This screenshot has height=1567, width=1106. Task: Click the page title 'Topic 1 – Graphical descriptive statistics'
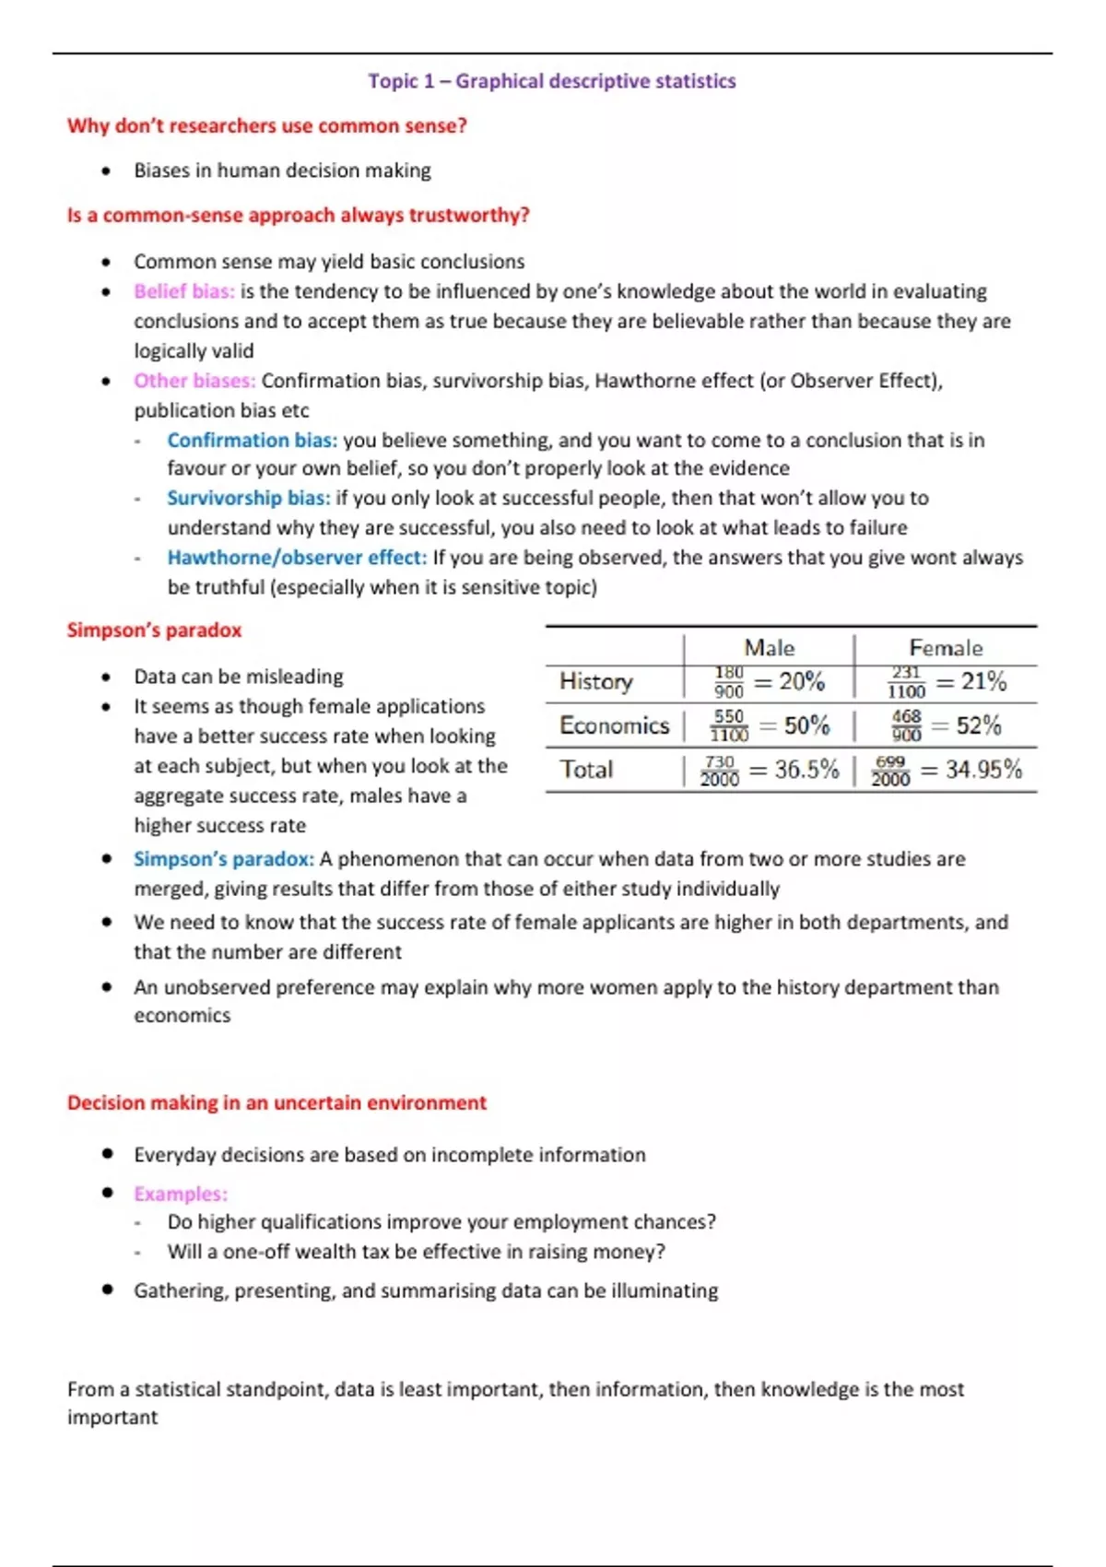coord(552,81)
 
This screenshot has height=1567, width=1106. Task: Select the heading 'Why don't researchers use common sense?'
coord(267,125)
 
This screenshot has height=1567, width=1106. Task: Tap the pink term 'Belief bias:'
coord(184,291)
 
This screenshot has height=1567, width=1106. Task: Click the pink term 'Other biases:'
coord(194,381)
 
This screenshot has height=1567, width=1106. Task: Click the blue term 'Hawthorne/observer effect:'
coord(297,558)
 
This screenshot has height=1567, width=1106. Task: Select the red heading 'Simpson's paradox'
coord(154,630)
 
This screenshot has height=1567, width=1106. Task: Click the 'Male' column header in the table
coord(769,648)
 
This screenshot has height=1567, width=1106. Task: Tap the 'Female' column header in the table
coord(946,648)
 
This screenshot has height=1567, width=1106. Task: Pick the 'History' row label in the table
coord(596,681)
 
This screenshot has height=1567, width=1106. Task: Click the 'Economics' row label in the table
coord(614,725)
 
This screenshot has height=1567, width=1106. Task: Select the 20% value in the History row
coord(801,681)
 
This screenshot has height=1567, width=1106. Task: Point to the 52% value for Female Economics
coord(978,725)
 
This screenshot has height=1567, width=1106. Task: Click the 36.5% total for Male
coord(806,770)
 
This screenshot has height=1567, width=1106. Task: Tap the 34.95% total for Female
coord(983,770)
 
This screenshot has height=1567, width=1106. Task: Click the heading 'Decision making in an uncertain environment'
coord(276,1103)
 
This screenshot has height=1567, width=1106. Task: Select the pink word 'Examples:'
coord(181,1194)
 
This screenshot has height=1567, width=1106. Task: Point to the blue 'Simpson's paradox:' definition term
coord(224,859)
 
